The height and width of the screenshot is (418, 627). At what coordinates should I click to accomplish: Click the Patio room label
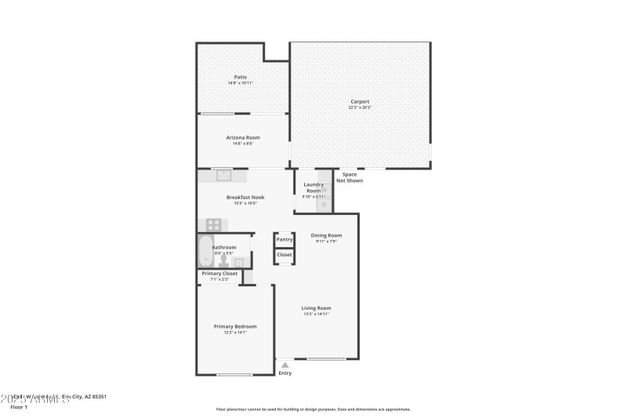click(241, 77)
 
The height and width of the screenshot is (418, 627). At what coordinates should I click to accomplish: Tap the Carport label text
click(360, 101)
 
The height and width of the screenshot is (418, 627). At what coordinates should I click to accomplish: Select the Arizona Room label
click(243, 137)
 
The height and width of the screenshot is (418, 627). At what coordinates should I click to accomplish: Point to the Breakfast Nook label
click(245, 197)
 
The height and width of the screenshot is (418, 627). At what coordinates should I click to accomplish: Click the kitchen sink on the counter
click(223, 176)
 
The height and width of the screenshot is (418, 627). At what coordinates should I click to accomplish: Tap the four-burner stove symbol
click(213, 225)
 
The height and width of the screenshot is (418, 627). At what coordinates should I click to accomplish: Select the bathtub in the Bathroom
click(205, 251)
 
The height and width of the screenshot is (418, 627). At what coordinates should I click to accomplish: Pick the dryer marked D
click(324, 205)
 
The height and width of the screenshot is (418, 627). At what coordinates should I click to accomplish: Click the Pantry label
click(285, 239)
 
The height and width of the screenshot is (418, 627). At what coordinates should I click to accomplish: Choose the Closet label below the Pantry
click(285, 255)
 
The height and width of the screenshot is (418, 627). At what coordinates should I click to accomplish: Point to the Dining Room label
click(326, 235)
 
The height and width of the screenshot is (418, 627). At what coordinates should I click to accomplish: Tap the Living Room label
click(317, 308)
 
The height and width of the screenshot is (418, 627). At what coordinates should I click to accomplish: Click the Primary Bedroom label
click(235, 326)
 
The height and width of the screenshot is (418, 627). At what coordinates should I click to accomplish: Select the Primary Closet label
click(219, 274)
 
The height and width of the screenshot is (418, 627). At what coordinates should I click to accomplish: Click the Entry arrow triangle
click(285, 365)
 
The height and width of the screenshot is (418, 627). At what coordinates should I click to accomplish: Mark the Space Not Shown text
click(350, 177)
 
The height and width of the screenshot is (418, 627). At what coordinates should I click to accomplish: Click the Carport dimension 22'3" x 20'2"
click(360, 107)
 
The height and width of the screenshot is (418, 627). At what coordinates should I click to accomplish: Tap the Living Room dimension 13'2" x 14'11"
click(317, 314)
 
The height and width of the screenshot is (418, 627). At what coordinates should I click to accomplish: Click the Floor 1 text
click(19, 407)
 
